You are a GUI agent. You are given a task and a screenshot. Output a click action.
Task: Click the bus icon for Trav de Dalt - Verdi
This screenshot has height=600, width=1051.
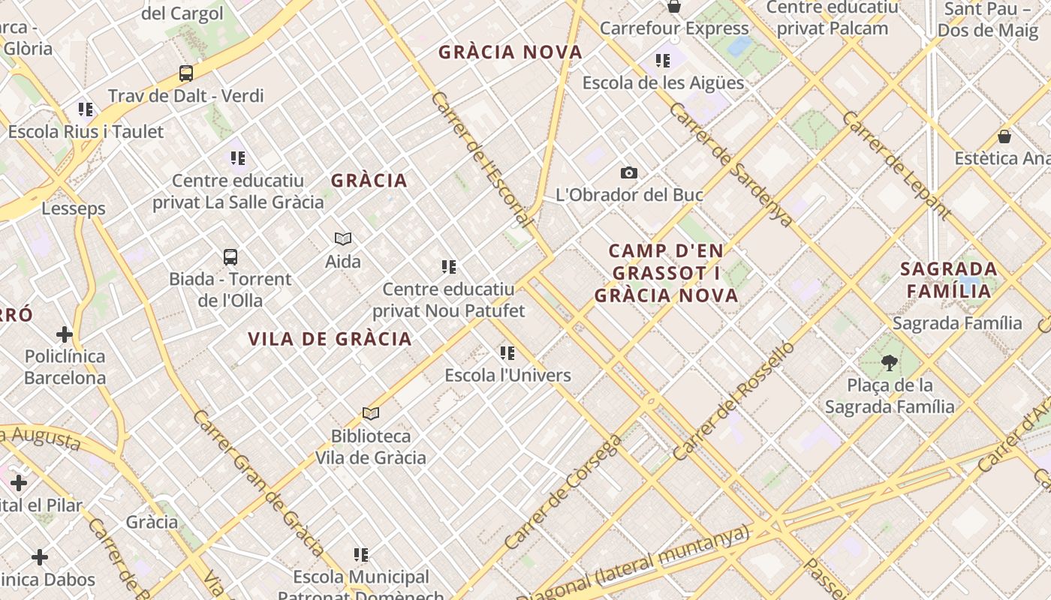[186, 73]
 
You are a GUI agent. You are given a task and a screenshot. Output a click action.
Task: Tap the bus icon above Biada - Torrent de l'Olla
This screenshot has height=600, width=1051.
[230, 257]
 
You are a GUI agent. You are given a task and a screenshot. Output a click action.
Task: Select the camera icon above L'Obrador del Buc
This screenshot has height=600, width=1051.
[629, 173]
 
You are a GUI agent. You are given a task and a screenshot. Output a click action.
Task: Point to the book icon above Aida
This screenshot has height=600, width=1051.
[343, 239]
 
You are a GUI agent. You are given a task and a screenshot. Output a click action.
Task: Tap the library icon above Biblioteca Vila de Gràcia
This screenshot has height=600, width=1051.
[371, 413]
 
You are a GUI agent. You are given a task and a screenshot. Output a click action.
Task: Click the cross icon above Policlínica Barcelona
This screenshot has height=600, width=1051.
[65, 334]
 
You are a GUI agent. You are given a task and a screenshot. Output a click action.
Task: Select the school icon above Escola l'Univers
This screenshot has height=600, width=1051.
[508, 353]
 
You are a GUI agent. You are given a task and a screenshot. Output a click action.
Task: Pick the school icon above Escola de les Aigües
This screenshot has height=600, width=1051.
[663, 61]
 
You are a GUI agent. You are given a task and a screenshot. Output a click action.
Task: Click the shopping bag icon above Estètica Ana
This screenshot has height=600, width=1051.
[1004, 136]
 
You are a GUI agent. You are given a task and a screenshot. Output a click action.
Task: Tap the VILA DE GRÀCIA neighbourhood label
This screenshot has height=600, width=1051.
[330, 339]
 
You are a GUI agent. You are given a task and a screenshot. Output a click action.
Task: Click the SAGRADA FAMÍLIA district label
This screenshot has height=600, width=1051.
[949, 280]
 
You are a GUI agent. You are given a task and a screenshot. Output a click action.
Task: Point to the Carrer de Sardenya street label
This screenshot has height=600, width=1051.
[730, 165]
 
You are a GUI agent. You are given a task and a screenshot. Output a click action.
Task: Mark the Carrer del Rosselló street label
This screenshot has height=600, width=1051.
[733, 401]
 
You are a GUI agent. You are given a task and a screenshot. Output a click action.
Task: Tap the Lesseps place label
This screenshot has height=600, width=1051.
[74, 208]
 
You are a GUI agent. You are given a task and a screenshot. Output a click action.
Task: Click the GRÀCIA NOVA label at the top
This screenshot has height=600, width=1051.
[510, 52]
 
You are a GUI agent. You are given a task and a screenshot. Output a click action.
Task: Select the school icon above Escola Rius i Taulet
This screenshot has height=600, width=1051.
[86, 110]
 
